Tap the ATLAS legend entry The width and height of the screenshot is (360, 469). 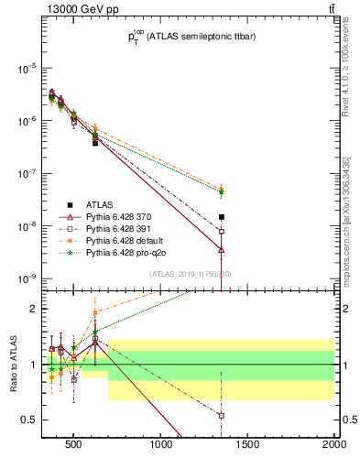(x=97, y=204)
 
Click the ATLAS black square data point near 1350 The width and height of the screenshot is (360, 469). (x=222, y=217)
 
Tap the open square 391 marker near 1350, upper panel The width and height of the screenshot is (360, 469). (x=222, y=232)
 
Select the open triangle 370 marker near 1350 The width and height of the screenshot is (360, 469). (x=222, y=249)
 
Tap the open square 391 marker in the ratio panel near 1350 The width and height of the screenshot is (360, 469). (x=222, y=415)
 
